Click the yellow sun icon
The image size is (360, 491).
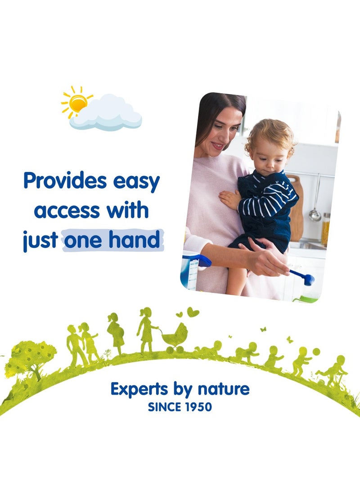tap(78, 103)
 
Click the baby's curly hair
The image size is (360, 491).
tap(270, 135)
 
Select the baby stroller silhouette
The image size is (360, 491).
tap(175, 338)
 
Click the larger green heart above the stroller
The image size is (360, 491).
tap(193, 312)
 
